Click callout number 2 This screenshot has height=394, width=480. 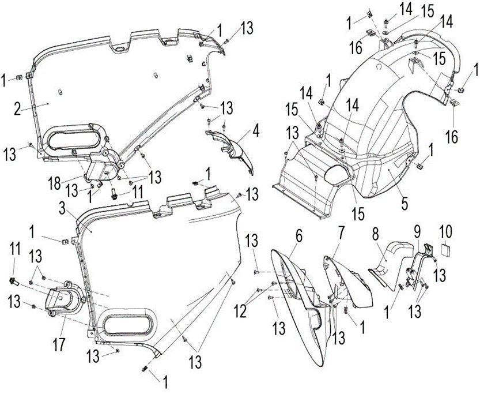[x=17, y=108]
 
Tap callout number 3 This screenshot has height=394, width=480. [x=62, y=209]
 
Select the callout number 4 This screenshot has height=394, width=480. [x=256, y=130]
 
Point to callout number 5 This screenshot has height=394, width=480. [x=405, y=203]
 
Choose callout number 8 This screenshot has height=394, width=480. [x=376, y=234]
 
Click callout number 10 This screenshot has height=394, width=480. [x=446, y=232]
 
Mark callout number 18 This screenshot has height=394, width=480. [x=55, y=183]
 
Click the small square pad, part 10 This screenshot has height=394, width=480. [x=447, y=250]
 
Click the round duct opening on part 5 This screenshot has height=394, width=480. [x=335, y=175]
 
